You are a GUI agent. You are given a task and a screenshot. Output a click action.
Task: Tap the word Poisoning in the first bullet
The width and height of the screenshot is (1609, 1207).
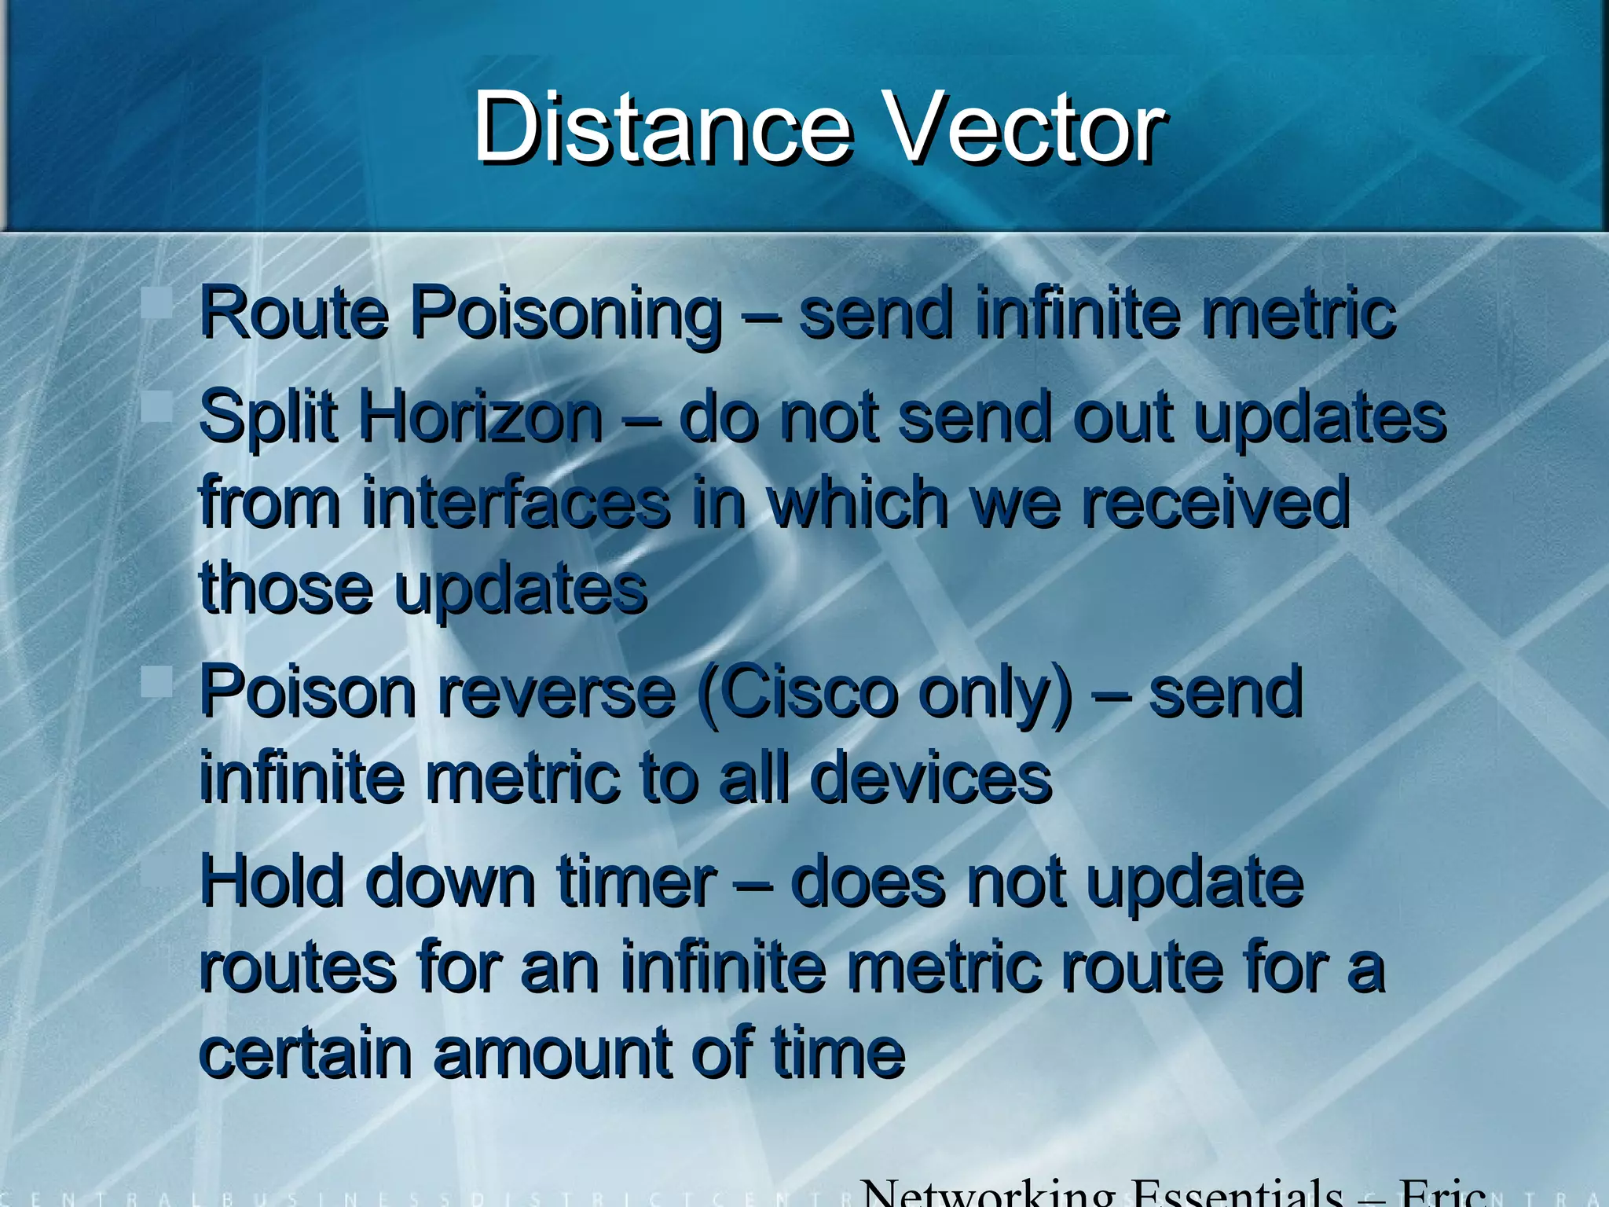click(566, 314)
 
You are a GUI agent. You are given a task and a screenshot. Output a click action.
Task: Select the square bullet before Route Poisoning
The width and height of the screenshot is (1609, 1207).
click(157, 303)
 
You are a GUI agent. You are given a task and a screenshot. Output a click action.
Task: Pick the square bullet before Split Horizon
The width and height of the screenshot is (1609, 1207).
click(157, 407)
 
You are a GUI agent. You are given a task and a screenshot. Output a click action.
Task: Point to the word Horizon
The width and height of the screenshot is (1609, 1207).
click(480, 416)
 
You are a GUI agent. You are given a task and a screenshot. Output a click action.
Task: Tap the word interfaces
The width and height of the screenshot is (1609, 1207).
click(515, 503)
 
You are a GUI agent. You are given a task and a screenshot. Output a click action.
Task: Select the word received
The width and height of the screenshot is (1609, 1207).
click(1215, 503)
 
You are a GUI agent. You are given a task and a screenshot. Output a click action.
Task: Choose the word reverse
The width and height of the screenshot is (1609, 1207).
click(556, 693)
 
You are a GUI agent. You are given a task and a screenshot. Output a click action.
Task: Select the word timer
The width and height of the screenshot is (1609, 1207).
click(636, 882)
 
